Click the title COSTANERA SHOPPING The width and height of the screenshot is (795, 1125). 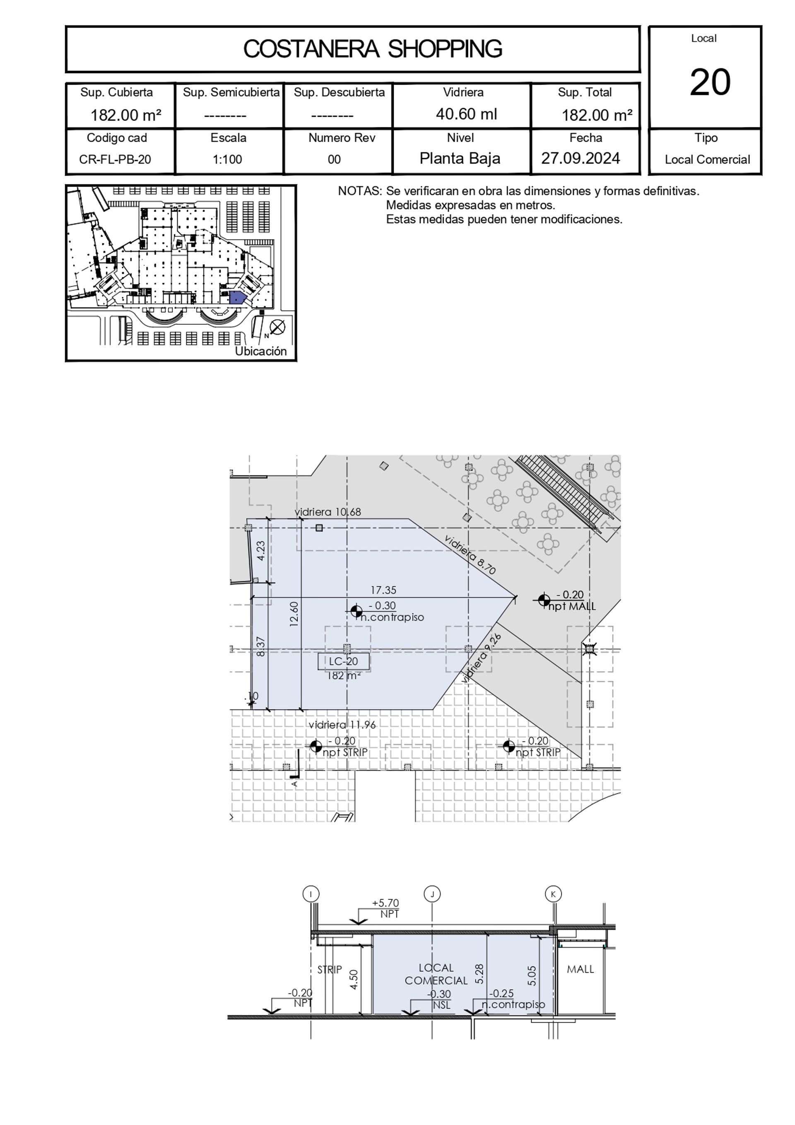(x=373, y=49)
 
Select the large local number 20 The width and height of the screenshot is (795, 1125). (x=710, y=82)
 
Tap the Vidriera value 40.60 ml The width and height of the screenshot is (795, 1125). (x=466, y=114)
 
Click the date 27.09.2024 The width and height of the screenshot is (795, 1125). (x=581, y=158)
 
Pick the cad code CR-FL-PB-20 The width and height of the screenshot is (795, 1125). (x=115, y=159)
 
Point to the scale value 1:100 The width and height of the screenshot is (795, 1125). (x=227, y=159)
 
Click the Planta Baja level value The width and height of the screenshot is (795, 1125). (x=460, y=158)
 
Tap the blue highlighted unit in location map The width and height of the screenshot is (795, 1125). (x=237, y=297)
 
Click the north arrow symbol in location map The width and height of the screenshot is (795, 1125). (x=277, y=327)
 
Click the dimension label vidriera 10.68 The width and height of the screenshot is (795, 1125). (x=328, y=512)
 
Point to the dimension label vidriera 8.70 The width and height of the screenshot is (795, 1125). (x=470, y=554)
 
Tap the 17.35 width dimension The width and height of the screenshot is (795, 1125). (x=383, y=590)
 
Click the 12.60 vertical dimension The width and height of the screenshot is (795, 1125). (x=294, y=614)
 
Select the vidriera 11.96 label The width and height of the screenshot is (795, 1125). (x=342, y=725)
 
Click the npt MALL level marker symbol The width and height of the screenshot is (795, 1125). (x=544, y=599)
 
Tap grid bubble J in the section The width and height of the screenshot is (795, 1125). (x=432, y=894)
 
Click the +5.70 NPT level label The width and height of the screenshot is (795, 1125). (x=386, y=908)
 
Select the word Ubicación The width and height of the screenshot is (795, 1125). (x=260, y=351)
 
